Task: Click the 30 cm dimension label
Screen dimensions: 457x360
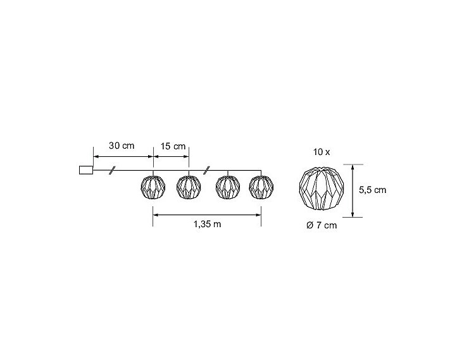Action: pos(122,146)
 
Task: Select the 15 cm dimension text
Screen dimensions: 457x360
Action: pos(173,146)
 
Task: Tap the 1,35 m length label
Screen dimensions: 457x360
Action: pos(207,224)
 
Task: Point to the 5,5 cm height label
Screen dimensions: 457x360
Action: pos(372,190)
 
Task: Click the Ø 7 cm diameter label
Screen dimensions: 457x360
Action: pos(322,225)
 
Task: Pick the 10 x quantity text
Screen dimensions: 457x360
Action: pos(322,152)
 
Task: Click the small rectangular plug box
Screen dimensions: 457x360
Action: pos(86,170)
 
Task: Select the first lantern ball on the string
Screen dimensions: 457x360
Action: pos(153,187)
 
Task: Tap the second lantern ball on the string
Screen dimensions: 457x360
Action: pos(189,187)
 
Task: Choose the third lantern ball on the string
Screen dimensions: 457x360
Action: pos(228,187)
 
